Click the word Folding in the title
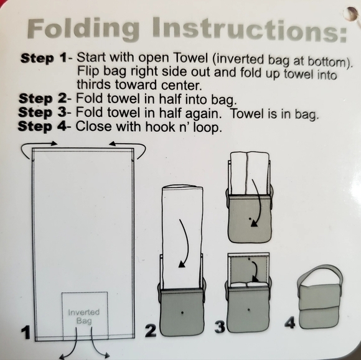pos(83,29)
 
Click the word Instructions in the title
pos(250,29)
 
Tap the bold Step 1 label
pos(44,58)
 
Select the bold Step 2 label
pos(42,99)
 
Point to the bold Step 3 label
pos(42,113)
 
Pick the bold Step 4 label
pos(42,126)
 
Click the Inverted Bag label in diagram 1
pos(84,316)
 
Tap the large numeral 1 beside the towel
pos(26,332)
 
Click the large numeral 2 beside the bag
pos(151,331)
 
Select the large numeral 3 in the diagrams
pos(220,327)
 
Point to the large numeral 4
pos(289,322)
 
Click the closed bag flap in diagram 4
pos(319,297)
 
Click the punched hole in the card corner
pos(352,14)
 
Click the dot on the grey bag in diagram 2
pos(182,312)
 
